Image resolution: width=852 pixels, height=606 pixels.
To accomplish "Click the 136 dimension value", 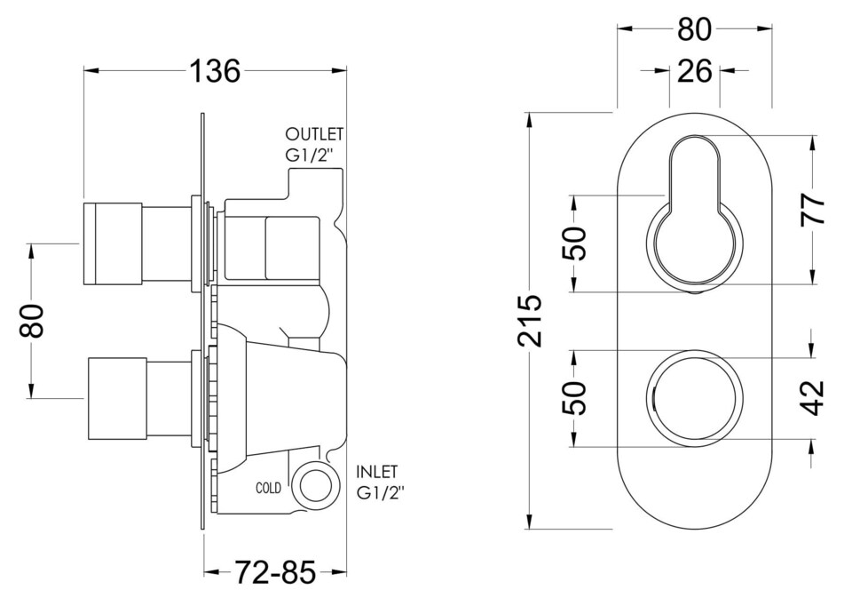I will click(x=214, y=71).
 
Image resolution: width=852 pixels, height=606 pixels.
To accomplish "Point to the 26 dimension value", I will click(x=694, y=70).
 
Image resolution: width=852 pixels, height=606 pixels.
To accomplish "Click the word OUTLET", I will click(x=313, y=134).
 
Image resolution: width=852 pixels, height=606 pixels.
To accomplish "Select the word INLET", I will click(x=377, y=472).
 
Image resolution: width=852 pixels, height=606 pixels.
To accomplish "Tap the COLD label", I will click(x=269, y=488).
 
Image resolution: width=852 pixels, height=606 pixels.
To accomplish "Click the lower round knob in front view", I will click(x=694, y=397).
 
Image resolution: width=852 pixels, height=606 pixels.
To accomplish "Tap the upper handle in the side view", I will click(x=113, y=243).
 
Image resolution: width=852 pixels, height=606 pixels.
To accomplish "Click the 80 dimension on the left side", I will click(x=32, y=321).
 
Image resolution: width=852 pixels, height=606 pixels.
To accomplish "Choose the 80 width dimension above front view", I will click(x=694, y=29).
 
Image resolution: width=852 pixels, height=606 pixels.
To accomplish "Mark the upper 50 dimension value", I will click(x=575, y=243).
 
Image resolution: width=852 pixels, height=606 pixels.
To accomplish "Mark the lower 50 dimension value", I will click(x=575, y=398).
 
